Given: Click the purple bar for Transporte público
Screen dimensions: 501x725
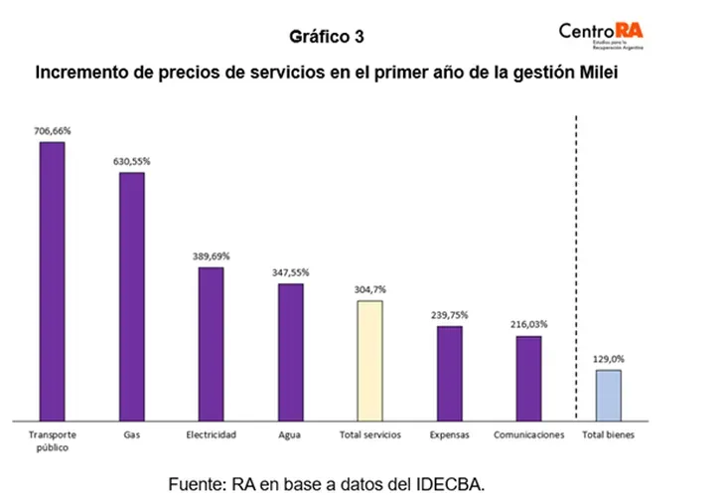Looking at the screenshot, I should click(x=52, y=280).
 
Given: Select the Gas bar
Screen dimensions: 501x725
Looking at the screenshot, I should click(x=132, y=295).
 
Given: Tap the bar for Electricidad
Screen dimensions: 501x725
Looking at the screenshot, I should click(x=211, y=343).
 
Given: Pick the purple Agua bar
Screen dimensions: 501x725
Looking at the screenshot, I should click(x=290, y=351).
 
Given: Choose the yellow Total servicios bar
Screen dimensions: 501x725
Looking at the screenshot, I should click(x=369, y=359).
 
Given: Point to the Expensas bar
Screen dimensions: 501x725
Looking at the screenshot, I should click(x=450, y=372).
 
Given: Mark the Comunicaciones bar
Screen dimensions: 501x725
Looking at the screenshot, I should click(x=529, y=377).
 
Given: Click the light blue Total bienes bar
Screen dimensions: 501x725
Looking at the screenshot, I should click(x=609, y=394).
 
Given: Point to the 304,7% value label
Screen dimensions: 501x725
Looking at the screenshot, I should click(x=369, y=288).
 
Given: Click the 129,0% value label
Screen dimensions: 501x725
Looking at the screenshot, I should click(x=609, y=358).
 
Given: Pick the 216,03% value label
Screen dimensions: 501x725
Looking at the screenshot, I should click(x=529, y=324).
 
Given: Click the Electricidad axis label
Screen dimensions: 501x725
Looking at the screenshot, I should click(x=211, y=434).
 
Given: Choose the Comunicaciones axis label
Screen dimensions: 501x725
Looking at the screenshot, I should click(x=529, y=434).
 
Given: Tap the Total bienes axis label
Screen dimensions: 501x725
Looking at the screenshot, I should click(x=609, y=434).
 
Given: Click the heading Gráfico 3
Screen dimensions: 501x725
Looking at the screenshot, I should click(x=327, y=37).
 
